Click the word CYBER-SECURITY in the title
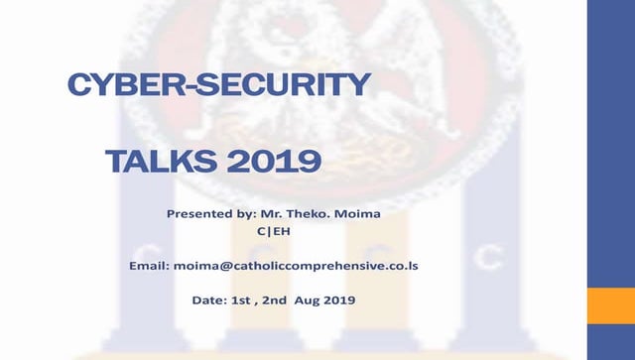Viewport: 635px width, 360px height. [x=217, y=85]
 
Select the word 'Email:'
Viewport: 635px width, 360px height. [x=149, y=267]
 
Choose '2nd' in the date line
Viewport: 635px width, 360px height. [x=274, y=300]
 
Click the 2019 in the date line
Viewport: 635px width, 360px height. [x=337, y=300]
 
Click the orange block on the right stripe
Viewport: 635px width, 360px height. [x=611, y=305]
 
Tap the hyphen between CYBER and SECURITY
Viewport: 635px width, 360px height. [x=192, y=87]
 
